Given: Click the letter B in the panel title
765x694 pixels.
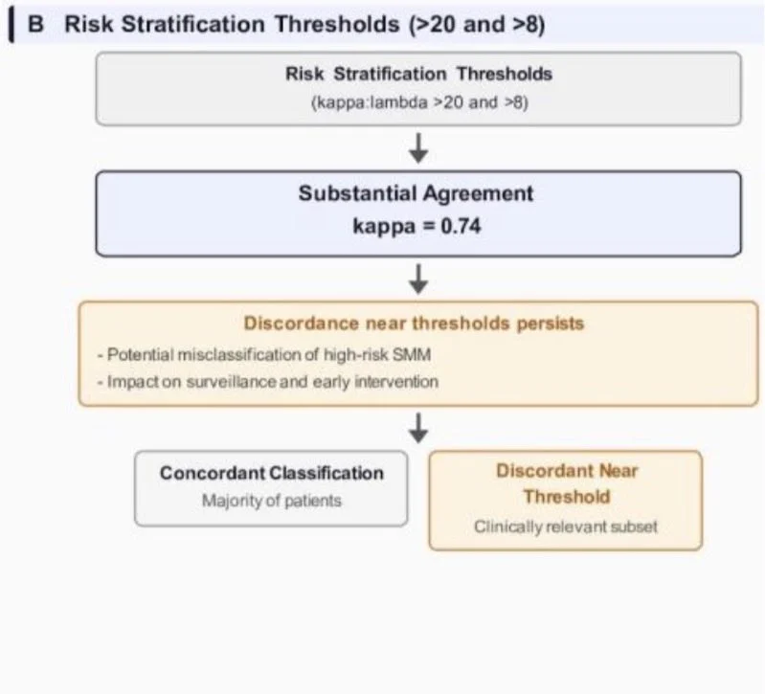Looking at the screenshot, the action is (35, 24).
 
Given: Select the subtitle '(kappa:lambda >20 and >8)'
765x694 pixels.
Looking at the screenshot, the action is (419, 102).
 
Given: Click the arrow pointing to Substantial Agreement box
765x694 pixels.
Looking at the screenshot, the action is (418, 148).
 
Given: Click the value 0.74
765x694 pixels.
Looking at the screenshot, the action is (461, 226).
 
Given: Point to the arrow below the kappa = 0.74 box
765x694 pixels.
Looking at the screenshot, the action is (418, 279).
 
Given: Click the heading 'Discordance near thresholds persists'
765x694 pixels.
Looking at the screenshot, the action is (414, 324).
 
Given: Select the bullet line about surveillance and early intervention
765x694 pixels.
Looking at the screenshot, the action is (268, 381).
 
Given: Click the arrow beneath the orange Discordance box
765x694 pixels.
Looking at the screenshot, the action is (418, 428).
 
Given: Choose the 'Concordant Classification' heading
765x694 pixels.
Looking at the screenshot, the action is (272, 473).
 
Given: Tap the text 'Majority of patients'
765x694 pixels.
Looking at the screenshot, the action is (272, 501).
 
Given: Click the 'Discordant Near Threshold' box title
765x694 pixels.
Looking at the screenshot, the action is (567, 483).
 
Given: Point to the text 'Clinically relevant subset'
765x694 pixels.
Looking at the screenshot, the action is (566, 526).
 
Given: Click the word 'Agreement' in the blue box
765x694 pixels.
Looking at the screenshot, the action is (478, 193).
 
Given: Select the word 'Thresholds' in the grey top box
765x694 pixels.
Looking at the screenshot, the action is (505, 74).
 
